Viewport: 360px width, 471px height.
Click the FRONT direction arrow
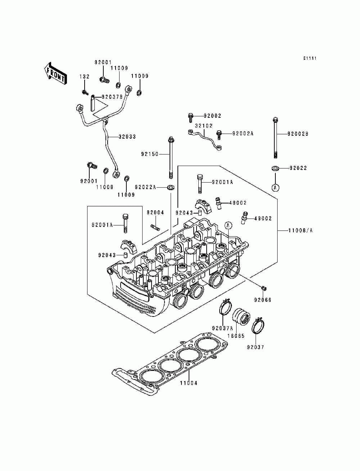(55, 73)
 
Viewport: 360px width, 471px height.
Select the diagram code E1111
(310, 58)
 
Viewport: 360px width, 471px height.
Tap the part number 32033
(127, 137)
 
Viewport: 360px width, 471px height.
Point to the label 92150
(149, 154)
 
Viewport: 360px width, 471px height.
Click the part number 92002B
(298, 134)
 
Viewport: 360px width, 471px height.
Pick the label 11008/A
(300, 231)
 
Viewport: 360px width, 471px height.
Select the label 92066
(263, 300)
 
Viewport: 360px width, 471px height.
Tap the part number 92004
(155, 212)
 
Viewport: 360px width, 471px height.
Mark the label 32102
(204, 126)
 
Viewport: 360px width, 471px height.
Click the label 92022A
(145, 187)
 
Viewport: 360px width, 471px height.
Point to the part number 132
(84, 77)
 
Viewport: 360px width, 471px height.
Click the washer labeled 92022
(275, 168)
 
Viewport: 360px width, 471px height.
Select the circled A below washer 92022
(275, 188)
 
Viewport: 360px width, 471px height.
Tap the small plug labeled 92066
(264, 288)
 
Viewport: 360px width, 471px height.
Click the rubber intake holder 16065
(242, 320)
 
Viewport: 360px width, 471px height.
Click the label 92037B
(112, 97)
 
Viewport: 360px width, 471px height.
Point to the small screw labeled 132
(85, 93)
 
